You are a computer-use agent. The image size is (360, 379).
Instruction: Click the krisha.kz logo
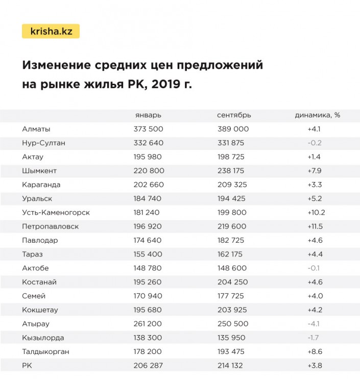tap(51, 32)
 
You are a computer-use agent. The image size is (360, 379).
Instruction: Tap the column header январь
tap(148, 115)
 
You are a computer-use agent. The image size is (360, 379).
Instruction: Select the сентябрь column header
tap(234, 115)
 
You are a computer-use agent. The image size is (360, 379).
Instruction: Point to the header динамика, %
tap(317, 115)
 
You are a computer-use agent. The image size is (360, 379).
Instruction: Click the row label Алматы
tap(36, 129)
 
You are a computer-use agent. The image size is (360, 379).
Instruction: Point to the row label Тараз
tap(33, 254)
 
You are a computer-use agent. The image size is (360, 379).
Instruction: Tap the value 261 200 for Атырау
tap(148, 323)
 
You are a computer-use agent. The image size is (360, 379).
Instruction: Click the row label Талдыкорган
tap(46, 351)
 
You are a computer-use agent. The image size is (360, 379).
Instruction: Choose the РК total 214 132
tap(232, 365)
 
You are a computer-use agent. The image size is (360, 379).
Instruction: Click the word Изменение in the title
tap(57, 66)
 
